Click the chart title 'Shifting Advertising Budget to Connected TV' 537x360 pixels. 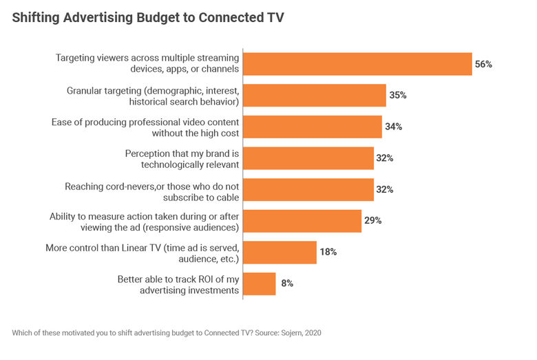click(148, 18)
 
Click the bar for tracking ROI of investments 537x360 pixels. click(260, 284)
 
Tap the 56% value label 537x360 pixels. click(483, 64)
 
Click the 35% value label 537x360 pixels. click(397, 96)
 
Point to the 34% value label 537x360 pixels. click(393, 127)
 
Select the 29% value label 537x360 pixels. click(372, 221)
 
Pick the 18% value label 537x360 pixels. click(328, 253)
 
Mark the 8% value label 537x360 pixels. click(286, 284)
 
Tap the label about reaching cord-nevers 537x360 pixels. click(151, 190)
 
